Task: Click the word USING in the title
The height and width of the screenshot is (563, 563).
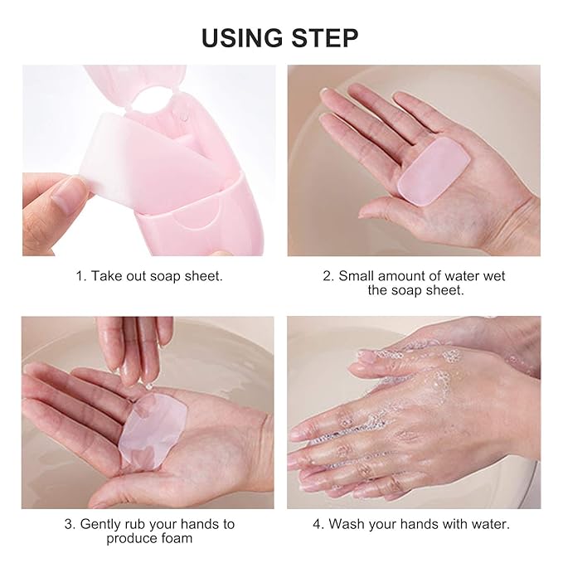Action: pyautogui.click(x=242, y=37)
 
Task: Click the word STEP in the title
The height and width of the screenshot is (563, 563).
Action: pyautogui.click(x=325, y=37)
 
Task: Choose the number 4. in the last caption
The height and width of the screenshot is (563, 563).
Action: pyautogui.click(x=318, y=524)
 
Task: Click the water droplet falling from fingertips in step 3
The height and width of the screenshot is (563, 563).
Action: pyautogui.click(x=148, y=386)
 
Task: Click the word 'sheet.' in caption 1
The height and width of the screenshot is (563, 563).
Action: pyautogui.click(x=203, y=276)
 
